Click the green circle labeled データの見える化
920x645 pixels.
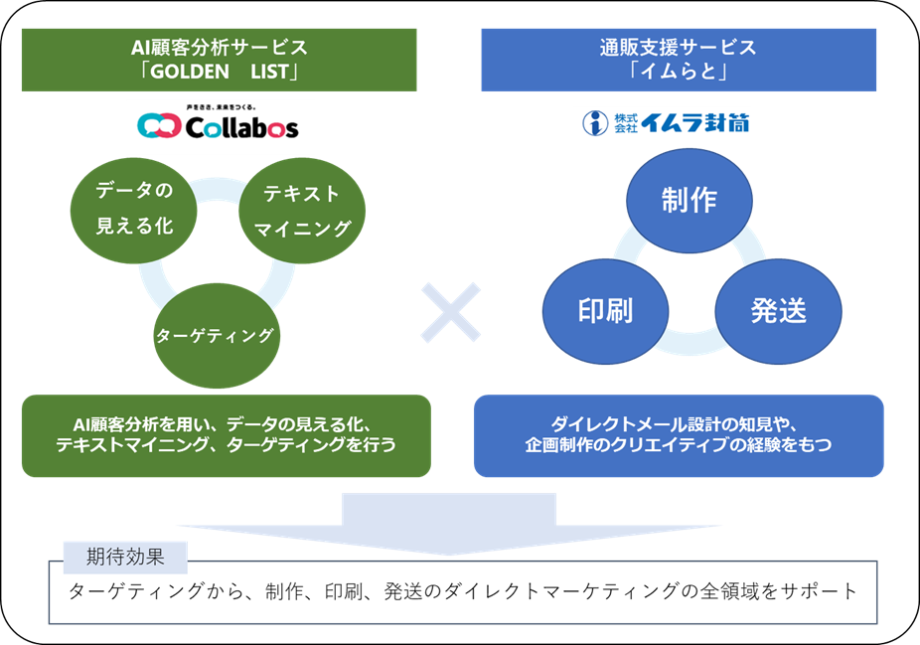(x=134, y=209)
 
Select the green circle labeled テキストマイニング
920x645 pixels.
(x=302, y=211)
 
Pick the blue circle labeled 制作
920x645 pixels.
(x=689, y=199)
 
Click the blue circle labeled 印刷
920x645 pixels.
(x=605, y=310)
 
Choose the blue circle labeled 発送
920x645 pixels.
(x=778, y=310)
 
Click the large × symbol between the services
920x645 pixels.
(x=450, y=312)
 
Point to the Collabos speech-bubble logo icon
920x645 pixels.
(x=158, y=127)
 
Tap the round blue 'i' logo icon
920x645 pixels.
(x=594, y=123)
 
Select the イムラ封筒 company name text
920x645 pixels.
(x=695, y=123)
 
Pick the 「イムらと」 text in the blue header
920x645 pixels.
(x=678, y=73)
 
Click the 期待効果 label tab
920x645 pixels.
(x=125, y=556)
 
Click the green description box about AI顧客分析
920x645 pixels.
(x=227, y=435)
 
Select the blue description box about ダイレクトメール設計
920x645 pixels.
(x=679, y=435)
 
